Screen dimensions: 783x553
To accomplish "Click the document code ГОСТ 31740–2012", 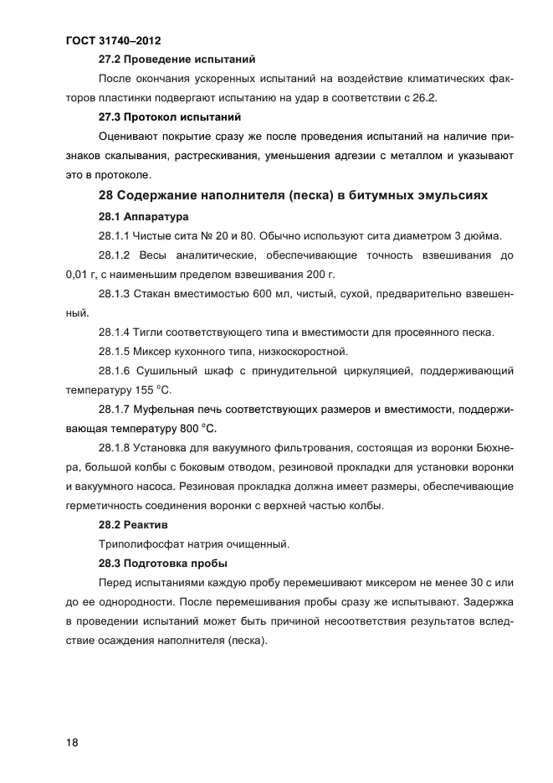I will pos(113,39).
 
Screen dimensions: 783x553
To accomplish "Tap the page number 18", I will pos(73,742).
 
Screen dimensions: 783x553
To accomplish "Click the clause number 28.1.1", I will pos(116,235).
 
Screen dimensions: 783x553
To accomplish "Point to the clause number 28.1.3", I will pos(116,294).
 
